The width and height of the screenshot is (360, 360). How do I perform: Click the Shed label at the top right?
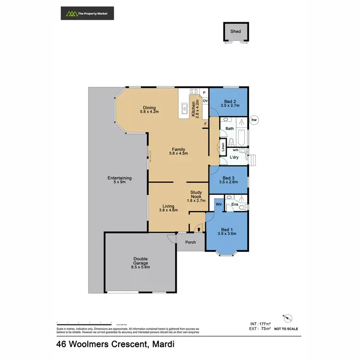[x=235, y=32]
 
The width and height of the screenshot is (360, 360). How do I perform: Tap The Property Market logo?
[x=87, y=13]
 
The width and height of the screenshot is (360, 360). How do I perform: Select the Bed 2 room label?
[x=228, y=101]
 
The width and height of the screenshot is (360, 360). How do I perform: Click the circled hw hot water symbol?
[x=254, y=120]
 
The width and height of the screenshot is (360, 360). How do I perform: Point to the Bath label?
[x=229, y=129]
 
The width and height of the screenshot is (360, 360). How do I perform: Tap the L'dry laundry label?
[x=234, y=157]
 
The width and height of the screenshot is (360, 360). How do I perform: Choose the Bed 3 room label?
[x=228, y=179]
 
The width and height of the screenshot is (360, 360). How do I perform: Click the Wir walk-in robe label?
[x=218, y=204]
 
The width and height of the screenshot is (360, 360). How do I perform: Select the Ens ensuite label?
[x=234, y=204]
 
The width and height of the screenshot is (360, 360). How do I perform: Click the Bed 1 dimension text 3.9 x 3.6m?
[x=228, y=234]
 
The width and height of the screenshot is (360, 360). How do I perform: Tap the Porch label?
[x=191, y=242]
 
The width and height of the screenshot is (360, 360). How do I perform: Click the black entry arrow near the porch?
[x=199, y=229]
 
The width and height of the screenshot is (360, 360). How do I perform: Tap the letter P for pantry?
[x=204, y=92]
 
